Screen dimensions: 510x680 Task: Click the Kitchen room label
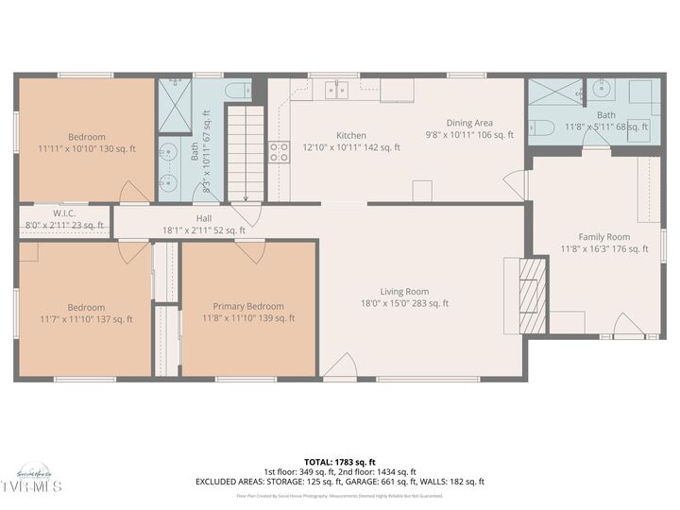coord(350,135)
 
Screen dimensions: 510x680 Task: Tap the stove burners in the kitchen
coord(279,152)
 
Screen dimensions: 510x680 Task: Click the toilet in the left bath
coord(238,91)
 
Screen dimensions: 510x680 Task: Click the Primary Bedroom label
coord(247,306)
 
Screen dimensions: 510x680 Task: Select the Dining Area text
coord(469,123)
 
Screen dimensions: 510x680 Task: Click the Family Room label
coord(603,237)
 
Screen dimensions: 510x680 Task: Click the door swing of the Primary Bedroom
coord(251,251)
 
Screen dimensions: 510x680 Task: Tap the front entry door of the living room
coord(340,368)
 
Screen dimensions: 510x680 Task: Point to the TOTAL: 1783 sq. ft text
coord(339,461)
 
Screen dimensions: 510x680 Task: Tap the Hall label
coord(203,216)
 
